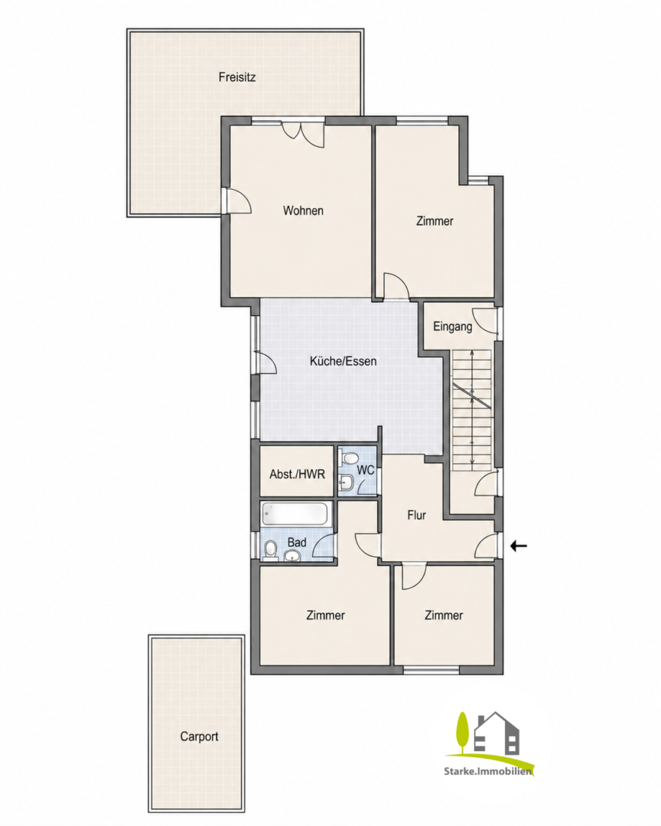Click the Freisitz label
[x=237, y=77]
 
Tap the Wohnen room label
[x=303, y=210]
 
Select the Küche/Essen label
[x=344, y=361]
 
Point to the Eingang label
[x=452, y=326]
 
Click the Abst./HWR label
[x=298, y=474]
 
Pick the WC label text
[x=366, y=470]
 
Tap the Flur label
[x=416, y=515]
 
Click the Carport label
[x=199, y=736]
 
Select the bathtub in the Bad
[x=296, y=514]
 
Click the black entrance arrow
[x=519, y=546]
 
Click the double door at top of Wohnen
[x=303, y=134]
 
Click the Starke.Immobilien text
[x=487, y=771]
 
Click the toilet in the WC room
[x=348, y=459]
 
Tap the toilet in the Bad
[x=270, y=550]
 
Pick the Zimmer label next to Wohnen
[x=435, y=221]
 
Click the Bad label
[x=297, y=542]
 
